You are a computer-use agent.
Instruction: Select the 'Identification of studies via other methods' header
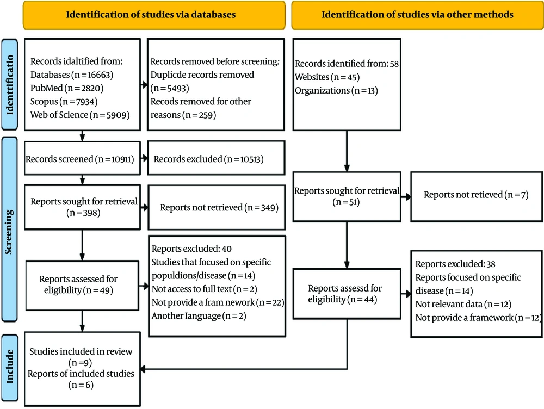pos(417,15)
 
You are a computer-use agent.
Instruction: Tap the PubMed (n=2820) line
pos(67,88)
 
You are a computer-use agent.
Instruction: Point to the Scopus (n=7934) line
pos(64,102)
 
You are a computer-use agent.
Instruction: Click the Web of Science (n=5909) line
pos(80,115)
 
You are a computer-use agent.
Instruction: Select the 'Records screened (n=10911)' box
pos(82,158)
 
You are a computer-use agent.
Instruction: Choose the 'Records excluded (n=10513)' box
pos(216,158)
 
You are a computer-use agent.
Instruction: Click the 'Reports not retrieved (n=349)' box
pos(217,207)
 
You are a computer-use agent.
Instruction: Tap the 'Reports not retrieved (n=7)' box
pos(477,196)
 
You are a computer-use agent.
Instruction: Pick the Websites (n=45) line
pos(327,77)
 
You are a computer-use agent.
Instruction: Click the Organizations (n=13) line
pos(337,90)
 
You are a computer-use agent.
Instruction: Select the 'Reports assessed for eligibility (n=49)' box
pos(82,285)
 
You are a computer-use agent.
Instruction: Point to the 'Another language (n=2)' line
pos(199,316)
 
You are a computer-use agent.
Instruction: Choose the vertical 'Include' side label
pos(10,367)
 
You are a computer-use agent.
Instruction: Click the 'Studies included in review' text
pos(81,351)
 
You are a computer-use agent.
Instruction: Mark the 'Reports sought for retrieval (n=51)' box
pos(347,196)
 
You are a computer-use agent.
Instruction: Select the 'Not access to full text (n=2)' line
pos(205,289)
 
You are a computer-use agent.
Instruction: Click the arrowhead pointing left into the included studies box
pos(143,369)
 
